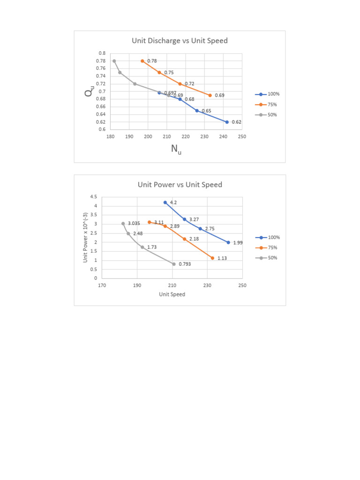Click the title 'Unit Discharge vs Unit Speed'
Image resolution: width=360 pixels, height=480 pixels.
pyautogui.click(x=180, y=41)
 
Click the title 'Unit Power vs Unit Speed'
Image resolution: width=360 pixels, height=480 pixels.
pyautogui.click(x=180, y=185)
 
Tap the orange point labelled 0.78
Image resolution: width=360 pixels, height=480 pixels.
pyautogui.click(x=142, y=61)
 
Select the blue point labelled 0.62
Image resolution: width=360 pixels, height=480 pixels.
pyautogui.click(x=227, y=122)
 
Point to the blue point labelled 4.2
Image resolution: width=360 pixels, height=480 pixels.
pyautogui.click(x=165, y=202)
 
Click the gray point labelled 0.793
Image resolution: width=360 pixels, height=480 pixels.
pyautogui.click(x=174, y=264)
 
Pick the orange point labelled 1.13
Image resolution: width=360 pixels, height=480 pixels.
pyautogui.click(x=212, y=258)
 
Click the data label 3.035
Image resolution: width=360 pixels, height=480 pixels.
pyautogui.click(x=134, y=224)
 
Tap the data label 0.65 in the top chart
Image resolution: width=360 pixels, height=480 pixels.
pyautogui.click(x=206, y=111)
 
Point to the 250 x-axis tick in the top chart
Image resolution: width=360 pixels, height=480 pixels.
pyautogui.click(x=242, y=136)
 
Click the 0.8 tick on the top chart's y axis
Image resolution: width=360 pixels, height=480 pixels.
pyautogui.click(x=102, y=53)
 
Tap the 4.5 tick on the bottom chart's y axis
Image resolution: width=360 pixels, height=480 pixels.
pyautogui.click(x=94, y=197)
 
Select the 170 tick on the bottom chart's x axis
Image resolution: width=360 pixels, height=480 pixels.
pyautogui.click(x=102, y=285)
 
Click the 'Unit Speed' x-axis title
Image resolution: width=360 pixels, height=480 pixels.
pyautogui.click(x=172, y=294)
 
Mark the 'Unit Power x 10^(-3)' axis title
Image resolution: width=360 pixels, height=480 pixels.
pyautogui.click(x=86, y=237)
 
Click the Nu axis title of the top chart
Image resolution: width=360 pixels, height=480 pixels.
pyautogui.click(x=176, y=150)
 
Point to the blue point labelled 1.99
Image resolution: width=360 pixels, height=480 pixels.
pyautogui.click(x=228, y=242)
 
